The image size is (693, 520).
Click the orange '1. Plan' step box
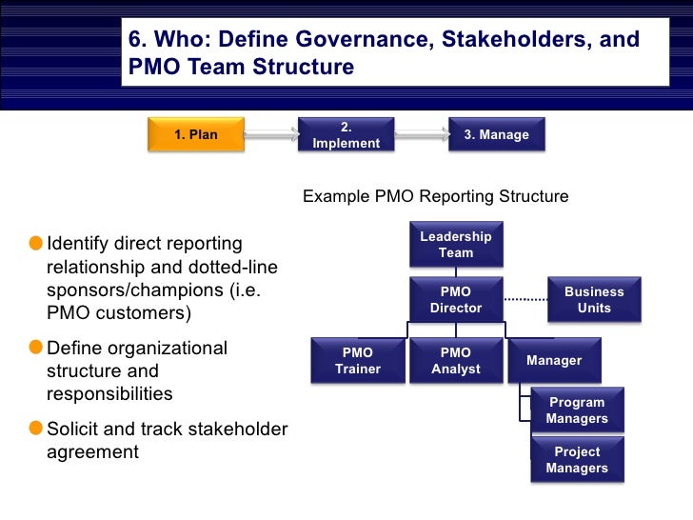coord(195,135)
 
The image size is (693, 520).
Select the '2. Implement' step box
coord(346,135)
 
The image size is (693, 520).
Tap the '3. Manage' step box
coord(496,135)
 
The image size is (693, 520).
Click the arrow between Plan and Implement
coord(270,136)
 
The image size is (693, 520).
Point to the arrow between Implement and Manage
coord(421,136)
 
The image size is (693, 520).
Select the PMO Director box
coord(456,300)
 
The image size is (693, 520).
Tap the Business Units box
coord(594,300)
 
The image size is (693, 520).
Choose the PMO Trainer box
coord(358,361)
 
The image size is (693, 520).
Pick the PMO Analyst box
coord(456,361)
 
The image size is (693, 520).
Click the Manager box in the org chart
coord(554,361)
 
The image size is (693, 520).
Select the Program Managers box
coord(577,410)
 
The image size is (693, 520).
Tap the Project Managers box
coord(577,460)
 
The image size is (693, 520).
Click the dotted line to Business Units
coord(525,300)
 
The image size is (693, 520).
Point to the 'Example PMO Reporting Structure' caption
coord(435,197)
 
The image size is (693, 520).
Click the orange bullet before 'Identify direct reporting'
coord(36,245)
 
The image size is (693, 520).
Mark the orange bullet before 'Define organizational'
coord(36,349)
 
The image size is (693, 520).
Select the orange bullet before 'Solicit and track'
coord(36,430)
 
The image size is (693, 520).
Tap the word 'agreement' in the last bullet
coord(92,452)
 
